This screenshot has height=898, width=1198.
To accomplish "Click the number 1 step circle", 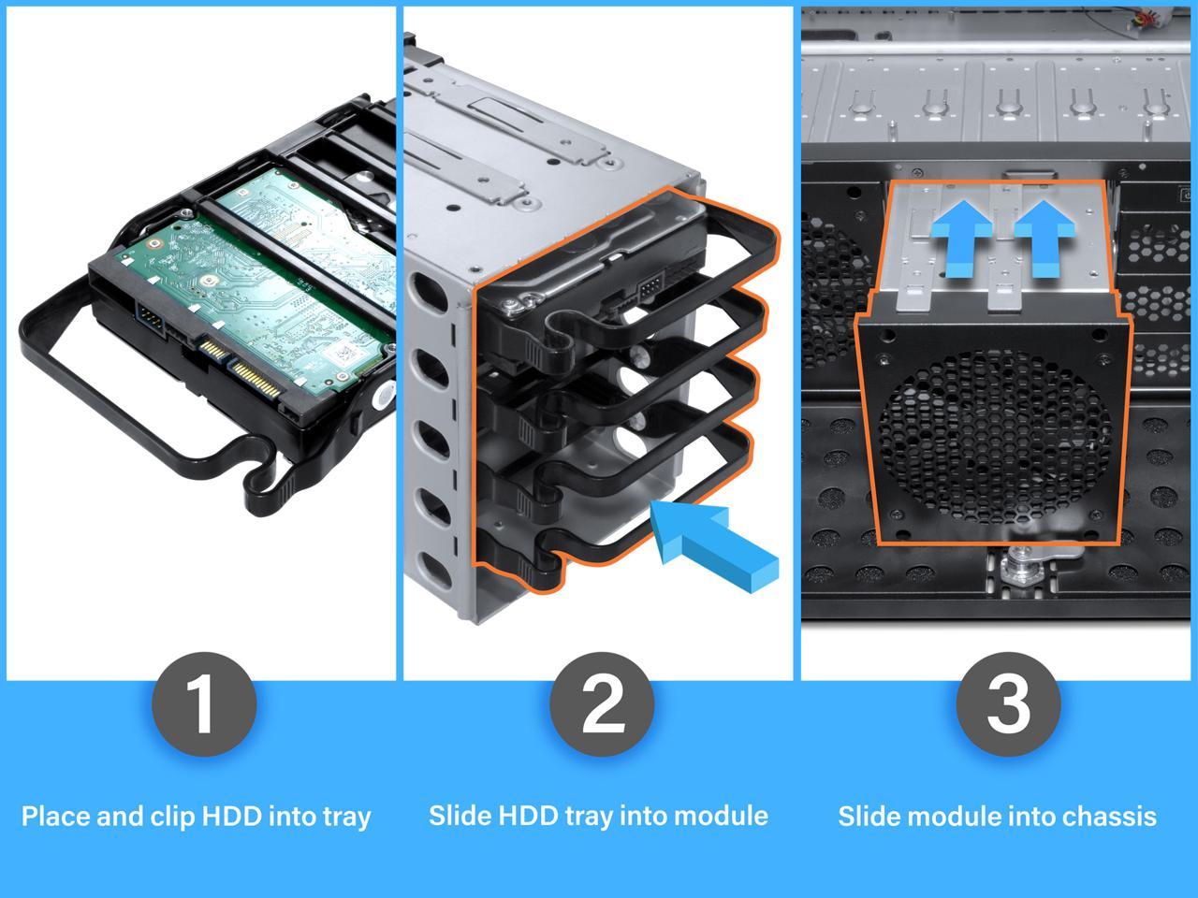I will click(202, 703).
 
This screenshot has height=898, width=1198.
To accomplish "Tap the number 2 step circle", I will click(600, 703).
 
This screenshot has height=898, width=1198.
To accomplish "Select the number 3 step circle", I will click(1008, 703).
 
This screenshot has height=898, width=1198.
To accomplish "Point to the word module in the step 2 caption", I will click(722, 816).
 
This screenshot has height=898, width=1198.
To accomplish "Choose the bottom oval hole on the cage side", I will click(436, 568).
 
